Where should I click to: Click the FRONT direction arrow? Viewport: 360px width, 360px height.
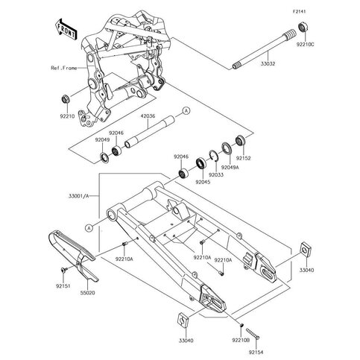click(x=66, y=29)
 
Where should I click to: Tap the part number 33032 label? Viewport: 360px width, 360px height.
click(x=268, y=63)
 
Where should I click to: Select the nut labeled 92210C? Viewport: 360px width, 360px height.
click(x=303, y=27)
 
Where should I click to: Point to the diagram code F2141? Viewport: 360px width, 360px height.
click(x=299, y=11)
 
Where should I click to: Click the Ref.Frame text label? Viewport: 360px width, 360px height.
click(x=64, y=68)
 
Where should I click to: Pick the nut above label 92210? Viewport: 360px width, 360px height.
click(x=66, y=99)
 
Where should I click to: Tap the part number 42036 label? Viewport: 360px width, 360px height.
click(x=148, y=116)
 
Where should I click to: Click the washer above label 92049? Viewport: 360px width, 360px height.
click(x=104, y=157)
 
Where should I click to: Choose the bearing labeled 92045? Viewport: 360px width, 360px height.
click(x=200, y=163)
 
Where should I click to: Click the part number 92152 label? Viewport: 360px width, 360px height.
click(x=243, y=158)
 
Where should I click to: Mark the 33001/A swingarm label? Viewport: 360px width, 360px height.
click(x=78, y=196)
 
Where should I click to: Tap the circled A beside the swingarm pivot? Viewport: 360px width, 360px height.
click(x=89, y=228)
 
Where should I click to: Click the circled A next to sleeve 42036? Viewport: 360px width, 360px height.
click(x=186, y=111)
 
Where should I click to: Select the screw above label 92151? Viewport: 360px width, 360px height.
click(x=63, y=269)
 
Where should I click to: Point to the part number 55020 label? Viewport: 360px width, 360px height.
click(x=87, y=293)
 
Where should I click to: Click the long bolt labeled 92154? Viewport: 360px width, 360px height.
click(x=253, y=333)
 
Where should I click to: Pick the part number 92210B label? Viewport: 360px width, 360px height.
click(x=241, y=341)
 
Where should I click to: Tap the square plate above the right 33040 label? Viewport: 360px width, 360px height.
click(x=306, y=249)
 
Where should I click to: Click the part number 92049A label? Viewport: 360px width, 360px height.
click(x=230, y=167)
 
